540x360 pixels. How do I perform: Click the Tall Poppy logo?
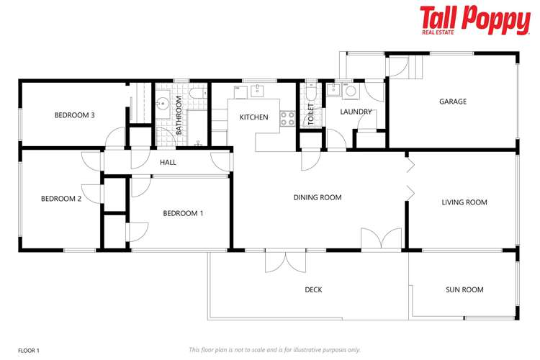pyautogui.click(x=474, y=21)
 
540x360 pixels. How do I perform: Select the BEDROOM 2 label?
pyautogui.click(x=61, y=199)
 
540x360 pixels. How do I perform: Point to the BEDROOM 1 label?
pyautogui.click(x=183, y=213)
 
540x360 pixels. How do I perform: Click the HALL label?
pyautogui.click(x=168, y=163)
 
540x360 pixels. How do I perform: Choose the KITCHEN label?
pyautogui.click(x=253, y=117)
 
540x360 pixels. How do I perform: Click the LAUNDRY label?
pyautogui.click(x=356, y=112)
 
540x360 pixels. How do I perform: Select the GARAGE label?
pyautogui.click(x=453, y=102)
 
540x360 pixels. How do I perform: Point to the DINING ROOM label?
pyautogui.click(x=317, y=197)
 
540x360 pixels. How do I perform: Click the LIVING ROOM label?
pyautogui.click(x=464, y=203)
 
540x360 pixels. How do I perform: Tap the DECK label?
pyautogui.click(x=313, y=290)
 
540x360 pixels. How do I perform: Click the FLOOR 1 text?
pyautogui.click(x=29, y=350)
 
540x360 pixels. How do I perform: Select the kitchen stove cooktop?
pyautogui.click(x=287, y=118)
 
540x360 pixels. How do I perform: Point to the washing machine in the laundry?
pyautogui.click(x=350, y=91)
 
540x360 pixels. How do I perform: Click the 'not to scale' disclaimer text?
pyautogui.click(x=274, y=350)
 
